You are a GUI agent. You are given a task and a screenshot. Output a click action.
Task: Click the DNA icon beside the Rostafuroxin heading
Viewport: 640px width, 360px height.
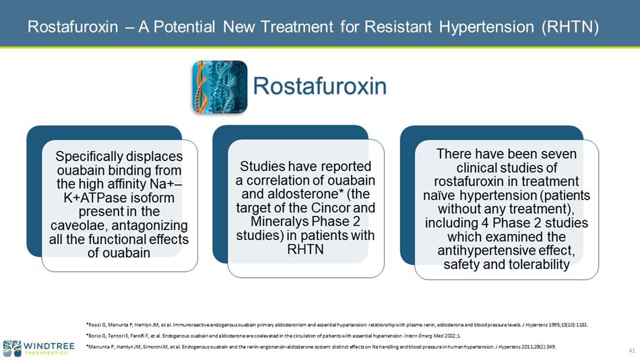(220, 86)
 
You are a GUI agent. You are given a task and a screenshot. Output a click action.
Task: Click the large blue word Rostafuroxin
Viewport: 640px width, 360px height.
(320, 86)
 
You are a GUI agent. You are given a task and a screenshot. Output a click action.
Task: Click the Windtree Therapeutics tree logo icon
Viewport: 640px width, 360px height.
(12, 348)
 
